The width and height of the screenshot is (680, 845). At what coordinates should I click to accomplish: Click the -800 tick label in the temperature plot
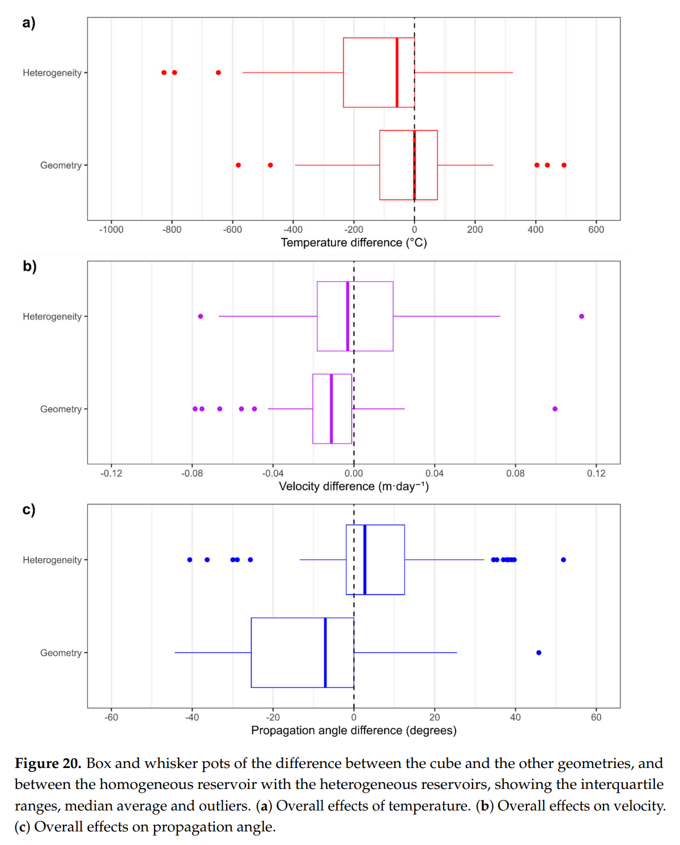pos(172,229)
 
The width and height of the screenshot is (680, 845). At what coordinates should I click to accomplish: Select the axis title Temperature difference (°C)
pos(354,243)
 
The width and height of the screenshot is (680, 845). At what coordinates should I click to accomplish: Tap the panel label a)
pos(29,23)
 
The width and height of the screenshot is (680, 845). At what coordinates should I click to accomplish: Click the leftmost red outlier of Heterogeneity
pos(164,72)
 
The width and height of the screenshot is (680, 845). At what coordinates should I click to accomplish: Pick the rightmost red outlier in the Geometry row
pos(564,165)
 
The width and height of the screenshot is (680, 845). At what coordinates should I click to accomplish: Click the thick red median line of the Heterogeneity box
pos(397,72)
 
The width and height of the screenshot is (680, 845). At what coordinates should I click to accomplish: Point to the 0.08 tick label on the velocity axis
pos(515,473)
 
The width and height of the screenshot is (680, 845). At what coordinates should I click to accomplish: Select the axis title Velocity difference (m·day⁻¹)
pos(354,486)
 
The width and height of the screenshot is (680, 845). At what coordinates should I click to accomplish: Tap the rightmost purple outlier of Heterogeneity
pos(581,316)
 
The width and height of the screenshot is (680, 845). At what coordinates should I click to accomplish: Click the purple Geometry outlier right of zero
pos(555,409)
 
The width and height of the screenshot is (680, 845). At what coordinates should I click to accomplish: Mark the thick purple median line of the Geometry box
pos(331,409)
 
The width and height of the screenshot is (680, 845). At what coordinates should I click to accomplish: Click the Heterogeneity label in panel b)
pos(52,317)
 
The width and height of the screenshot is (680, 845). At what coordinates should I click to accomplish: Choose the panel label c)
pos(29,510)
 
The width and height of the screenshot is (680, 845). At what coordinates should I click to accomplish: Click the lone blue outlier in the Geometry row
pos(538,652)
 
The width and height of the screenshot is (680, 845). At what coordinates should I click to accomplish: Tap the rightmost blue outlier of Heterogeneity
pos(563,560)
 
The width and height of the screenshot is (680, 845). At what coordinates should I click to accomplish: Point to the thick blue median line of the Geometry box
pos(325,652)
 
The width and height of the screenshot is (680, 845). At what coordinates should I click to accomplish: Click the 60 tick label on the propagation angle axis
pos(596,717)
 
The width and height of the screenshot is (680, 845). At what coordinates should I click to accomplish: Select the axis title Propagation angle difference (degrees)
pos(354,731)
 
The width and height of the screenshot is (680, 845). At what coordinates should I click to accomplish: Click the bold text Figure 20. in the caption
pos(48,763)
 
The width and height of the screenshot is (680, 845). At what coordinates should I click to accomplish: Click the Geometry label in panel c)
pos(61,653)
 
